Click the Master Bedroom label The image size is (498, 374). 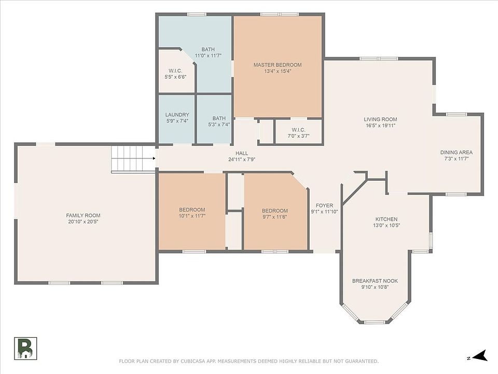[278, 65]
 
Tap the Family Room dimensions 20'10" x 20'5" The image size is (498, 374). [83, 222]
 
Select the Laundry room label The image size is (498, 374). [177, 115]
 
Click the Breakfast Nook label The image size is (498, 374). [375, 281]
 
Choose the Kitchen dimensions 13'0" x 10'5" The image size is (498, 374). [386, 225]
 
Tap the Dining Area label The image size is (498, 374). [457, 153]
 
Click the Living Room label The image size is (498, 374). [380, 119]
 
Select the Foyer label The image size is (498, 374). [324, 206]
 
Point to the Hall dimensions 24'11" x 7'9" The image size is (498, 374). [242, 159]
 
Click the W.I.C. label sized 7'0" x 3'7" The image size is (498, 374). [299, 130]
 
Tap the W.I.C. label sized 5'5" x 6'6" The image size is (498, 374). [175, 71]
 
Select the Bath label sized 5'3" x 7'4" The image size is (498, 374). [219, 118]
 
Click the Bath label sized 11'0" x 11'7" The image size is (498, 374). [208, 50]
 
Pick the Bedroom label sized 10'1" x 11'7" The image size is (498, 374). [192, 210]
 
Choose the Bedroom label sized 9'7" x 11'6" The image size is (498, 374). [275, 211]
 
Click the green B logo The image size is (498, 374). [25, 348]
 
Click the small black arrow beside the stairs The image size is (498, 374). [154, 158]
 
